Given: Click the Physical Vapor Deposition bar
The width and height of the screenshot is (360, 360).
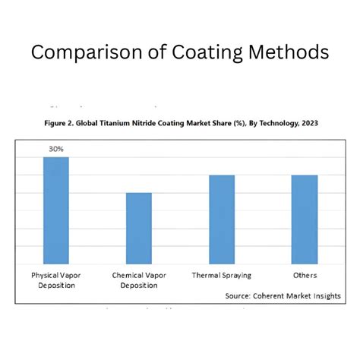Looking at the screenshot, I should [x=56, y=210].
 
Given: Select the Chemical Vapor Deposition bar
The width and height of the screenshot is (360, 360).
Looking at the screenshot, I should [x=138, y=228].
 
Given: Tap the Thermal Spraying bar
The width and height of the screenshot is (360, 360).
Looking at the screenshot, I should [x=222, y=219].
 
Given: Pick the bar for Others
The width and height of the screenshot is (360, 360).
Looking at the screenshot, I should [x=305, y=219].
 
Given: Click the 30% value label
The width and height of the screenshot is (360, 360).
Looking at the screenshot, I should [x=56, y=150].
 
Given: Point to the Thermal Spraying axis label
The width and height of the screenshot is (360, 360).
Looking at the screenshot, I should [x=222, y=275].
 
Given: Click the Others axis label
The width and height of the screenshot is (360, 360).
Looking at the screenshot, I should [x=305, y=275].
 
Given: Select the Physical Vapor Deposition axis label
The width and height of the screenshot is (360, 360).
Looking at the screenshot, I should [x=56, y=279].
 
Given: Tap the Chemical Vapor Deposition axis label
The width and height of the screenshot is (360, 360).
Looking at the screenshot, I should [x=138, y=279].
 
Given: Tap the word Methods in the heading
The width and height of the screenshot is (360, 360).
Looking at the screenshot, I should [x=290, y=53].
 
